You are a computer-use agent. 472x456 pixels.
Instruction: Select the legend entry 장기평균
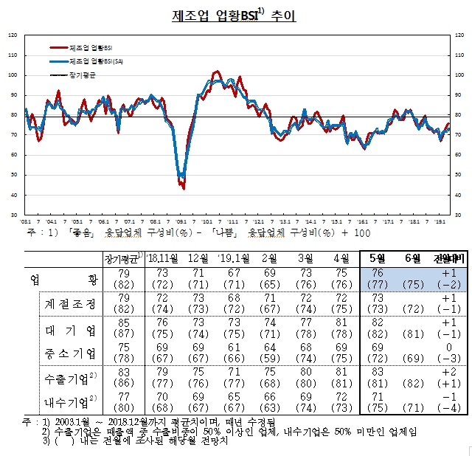85,75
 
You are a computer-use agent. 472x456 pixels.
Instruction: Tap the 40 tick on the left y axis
12,196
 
